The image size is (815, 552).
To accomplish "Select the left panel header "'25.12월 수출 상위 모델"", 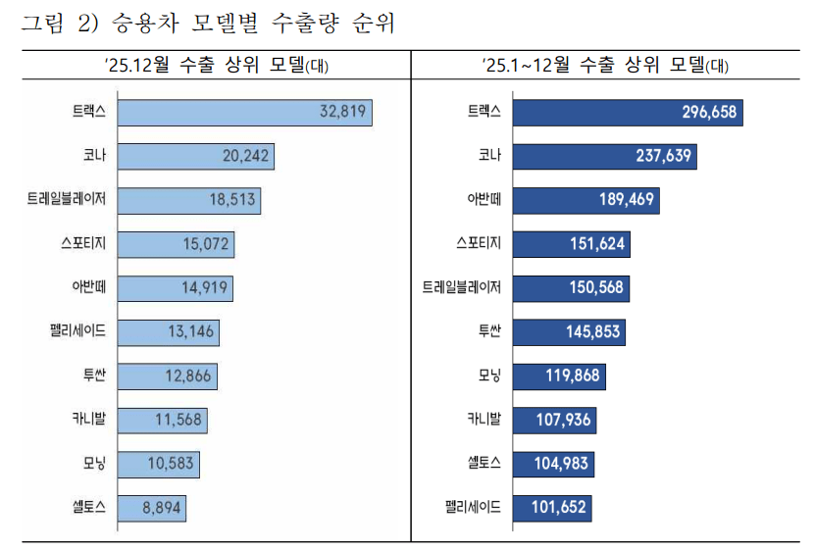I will (206, 66).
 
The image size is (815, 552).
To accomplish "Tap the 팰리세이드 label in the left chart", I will (76, 332).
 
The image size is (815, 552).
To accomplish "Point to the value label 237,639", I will (657, 156).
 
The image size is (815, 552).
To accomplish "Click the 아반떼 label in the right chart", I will (484, 200).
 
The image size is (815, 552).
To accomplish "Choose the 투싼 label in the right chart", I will (485, 332).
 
